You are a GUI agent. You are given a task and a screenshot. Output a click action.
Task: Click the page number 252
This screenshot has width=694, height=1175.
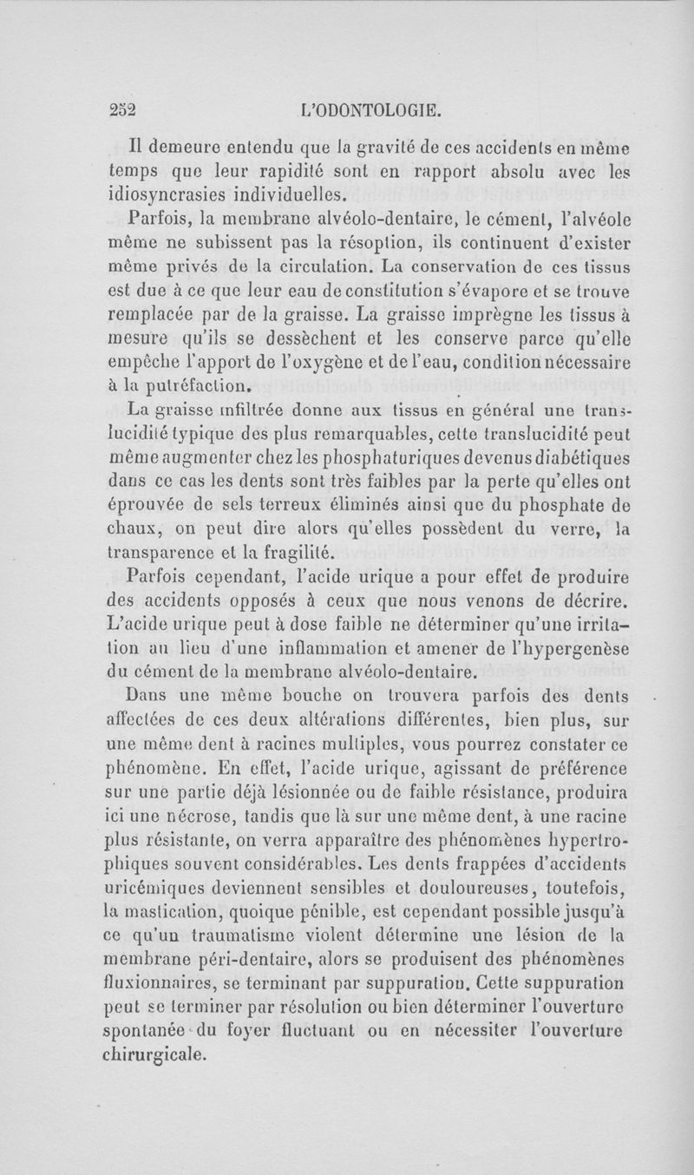coord(125,110)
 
